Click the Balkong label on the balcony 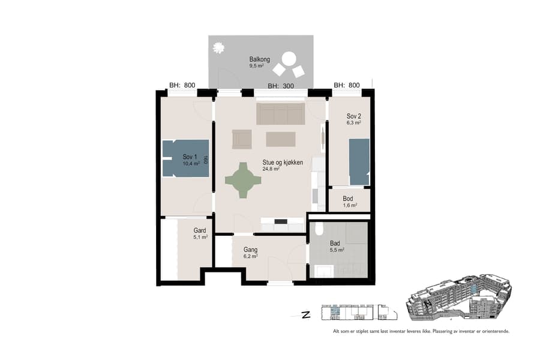pyautogui.click(x=260, y=59)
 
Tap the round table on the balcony pyautogui.click(x=289, y=59)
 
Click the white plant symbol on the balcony pyautogui.click(x=219, y=47)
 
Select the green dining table pyautogui.click(x=243, y=180)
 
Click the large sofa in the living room pyautogui.click(x=280, y=113)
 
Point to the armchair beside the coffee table pyautogui.click(x=242, y=139)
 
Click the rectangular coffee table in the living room pyautogui.click(x=281, y=139)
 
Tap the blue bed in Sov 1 pyautogui.click(x=185, y=158)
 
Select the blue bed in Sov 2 pyautogui.click(x=359, y=161)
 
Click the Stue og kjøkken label pyautogui.click(x=282, y=163)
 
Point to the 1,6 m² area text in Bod pyautogui.click(x=350, y=205)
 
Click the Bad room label pyautogui.click(x=335, y=244)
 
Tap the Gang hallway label pyautogui.click(x=250, y=250)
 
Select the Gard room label pyautogui.click(x=200, y=230)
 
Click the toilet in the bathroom pyautogui.click(x=319, y=229)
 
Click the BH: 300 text pyautogui.click(x=280, y=86)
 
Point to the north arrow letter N pyautogui.click(x=306, y=314)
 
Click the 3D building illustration pyautogui.click(x=459, y=298)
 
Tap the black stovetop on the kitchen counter pyautogui.click(x=280, y=222)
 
